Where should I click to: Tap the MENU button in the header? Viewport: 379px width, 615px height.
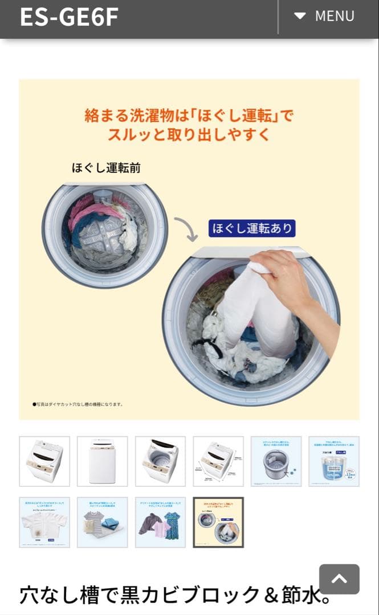click(x=325, y=16)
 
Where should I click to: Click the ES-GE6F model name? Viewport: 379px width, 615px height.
click(x=69, y=17)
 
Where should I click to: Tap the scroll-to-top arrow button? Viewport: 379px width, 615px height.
click(x=339, y=579)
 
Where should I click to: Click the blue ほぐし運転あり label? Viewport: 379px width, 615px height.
click(x=252, y=228)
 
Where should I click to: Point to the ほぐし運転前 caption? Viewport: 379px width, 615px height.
click(x=106, y=168)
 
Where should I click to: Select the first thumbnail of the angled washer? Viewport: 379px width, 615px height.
click(x=44, y=461)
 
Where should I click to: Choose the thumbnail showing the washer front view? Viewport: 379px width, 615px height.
click(x=103, y=461)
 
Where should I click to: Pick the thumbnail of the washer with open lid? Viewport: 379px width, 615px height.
click(x=160, y=461)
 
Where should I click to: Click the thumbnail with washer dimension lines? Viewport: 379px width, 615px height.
click(x=218, y=461)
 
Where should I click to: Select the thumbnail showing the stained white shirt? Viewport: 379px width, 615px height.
click(x=44, y=522)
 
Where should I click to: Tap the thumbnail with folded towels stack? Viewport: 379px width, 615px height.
click(x=103, y=522)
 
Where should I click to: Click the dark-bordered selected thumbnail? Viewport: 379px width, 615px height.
click(x=218, y=522)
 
